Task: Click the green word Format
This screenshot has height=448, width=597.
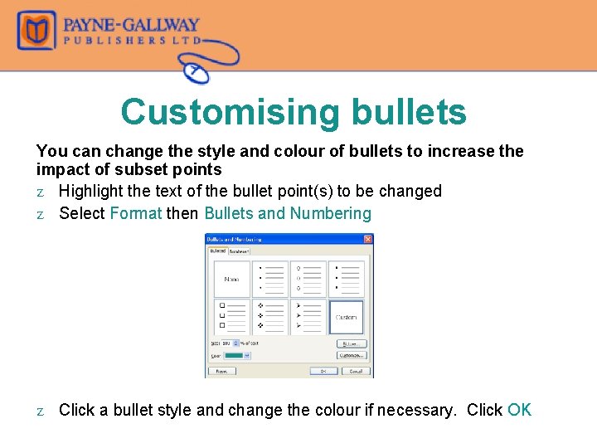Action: pos(135,213)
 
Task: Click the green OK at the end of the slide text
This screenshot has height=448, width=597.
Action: pos(519,410)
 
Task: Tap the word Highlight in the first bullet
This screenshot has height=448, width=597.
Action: pos(93,191)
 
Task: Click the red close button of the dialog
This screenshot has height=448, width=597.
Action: pos(369,239)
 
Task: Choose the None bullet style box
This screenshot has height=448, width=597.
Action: pos(231,279)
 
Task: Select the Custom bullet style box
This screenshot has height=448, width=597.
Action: pos(346,317)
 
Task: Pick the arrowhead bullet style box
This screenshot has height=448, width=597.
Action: pos(308,317)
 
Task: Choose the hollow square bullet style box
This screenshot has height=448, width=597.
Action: pos(231,317)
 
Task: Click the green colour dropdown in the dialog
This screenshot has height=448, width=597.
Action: pos(238,354)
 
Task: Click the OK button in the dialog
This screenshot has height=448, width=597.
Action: pos(323,371)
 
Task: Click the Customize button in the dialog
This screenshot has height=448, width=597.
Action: pos(352,355)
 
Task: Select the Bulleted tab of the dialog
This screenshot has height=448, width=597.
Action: pos(216,250)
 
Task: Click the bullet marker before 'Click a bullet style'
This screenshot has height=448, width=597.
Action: pos(41,411)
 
